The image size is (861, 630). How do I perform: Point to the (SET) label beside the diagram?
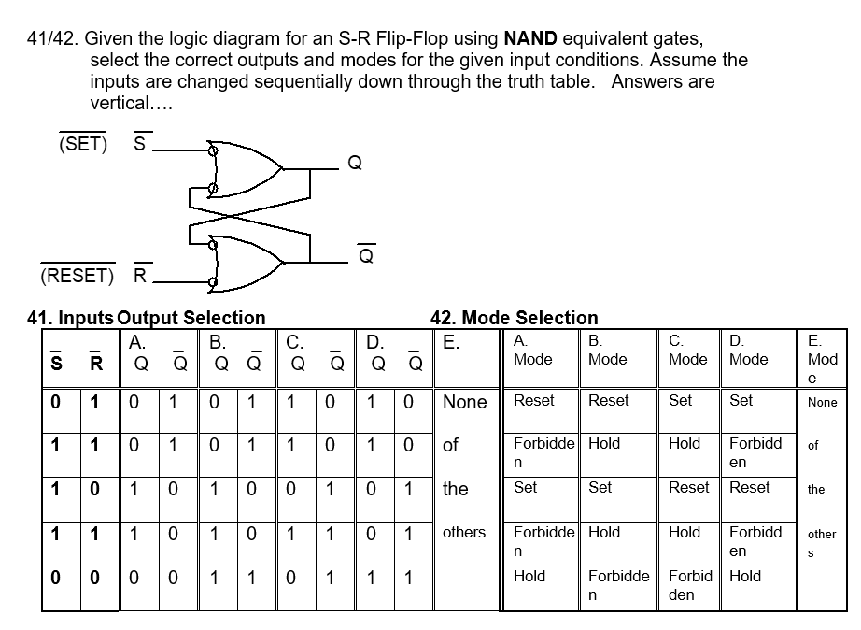[x=82, y=145]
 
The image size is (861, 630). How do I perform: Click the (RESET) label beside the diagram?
[x=77, y=276]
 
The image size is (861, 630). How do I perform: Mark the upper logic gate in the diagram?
[x=246, y=168]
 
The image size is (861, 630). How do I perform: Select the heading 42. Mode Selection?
[x=514, y=318]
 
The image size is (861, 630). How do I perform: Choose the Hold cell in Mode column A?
[x=529, y=577]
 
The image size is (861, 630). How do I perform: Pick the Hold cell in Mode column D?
[x=745, y=577]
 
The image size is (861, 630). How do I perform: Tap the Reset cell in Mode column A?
[x=534, y=400]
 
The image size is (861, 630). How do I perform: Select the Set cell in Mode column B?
[x=600, y=487]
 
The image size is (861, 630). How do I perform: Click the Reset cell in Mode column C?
[x=689, y=487]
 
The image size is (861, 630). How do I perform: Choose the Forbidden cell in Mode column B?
[x=618, y=584]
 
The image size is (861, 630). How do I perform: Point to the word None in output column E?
[x=465, y=402]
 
